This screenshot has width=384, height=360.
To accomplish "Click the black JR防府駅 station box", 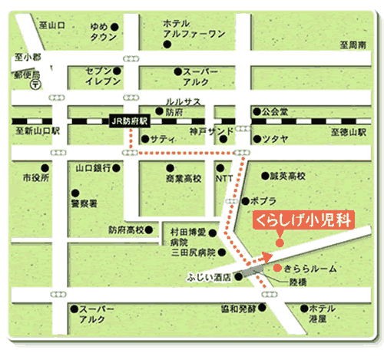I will pos(128,121).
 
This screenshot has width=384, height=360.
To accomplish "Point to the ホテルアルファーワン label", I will pos(194,28).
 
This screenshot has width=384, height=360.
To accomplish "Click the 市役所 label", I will pos(35,177).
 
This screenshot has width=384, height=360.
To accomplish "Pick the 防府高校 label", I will pos(125,229).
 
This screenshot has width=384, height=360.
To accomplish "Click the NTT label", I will pos(224,178).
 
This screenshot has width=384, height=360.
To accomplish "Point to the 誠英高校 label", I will pos(288,176).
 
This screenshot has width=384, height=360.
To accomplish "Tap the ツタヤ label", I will pos(275,138).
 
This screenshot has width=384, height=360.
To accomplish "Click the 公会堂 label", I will pos(274,111).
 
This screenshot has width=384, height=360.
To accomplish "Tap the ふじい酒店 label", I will pos(209,276).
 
